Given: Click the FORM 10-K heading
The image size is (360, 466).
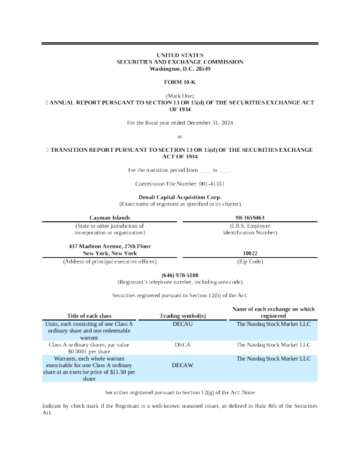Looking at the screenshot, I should [179, 82].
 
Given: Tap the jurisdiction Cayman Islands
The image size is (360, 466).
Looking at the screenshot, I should [109, 218].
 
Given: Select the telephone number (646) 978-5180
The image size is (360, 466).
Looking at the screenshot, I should [179, 275].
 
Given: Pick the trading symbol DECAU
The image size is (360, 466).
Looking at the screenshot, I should [182, 324].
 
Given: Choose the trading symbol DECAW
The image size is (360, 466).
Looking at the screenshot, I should [182, 365].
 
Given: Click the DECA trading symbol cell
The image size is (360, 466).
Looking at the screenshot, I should [182, 345].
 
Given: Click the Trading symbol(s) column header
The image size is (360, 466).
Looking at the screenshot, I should [182, 316].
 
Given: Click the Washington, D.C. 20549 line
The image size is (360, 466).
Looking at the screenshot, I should [179, 69].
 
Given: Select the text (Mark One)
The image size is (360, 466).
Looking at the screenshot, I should [179, 95].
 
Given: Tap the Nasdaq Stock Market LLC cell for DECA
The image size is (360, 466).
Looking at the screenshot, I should [273, 345].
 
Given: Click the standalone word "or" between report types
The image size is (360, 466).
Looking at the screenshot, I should [180, 137].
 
